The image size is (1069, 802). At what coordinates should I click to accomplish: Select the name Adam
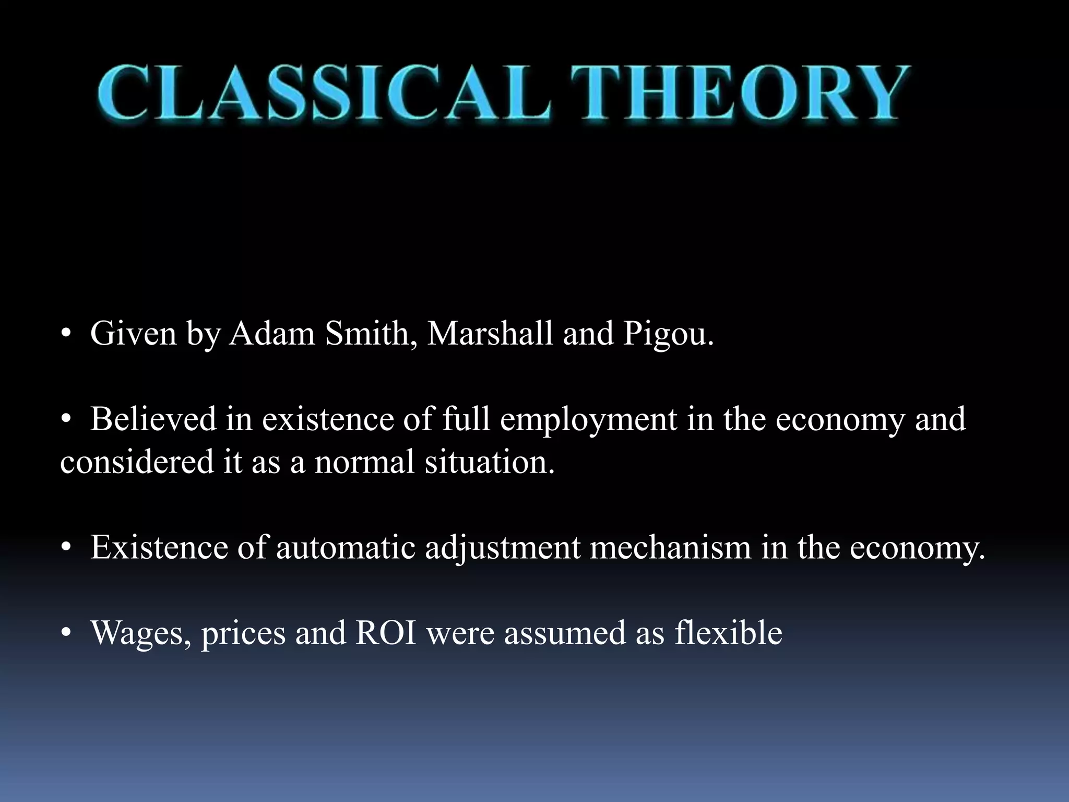pyautogui.click(x=272, y=333)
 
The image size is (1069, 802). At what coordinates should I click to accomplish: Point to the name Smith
pyautogui.click(x=371, y=333)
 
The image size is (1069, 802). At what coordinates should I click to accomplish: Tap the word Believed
pyautogui.click(x=153, y=419)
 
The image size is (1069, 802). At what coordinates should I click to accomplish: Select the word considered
pyautogui.click(x=137, y=462)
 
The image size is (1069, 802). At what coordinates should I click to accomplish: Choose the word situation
pyautogui.click(x=490, y=462)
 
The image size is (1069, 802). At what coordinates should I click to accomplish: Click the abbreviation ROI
pyautogui.click(x=386, y=633)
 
